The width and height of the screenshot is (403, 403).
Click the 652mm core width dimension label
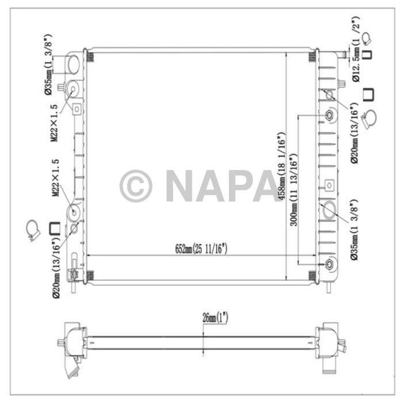point(201,249)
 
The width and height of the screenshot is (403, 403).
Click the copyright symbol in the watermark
point(136,186)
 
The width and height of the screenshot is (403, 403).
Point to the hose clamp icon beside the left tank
point(33,230)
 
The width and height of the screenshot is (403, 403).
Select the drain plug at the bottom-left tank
point(73,275)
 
